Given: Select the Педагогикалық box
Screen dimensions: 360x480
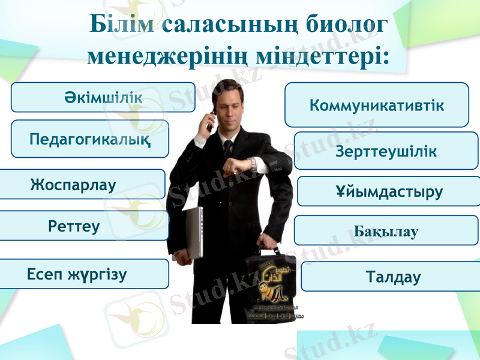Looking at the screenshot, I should point(90,139).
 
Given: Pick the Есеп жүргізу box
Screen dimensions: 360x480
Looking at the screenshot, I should point(84,274).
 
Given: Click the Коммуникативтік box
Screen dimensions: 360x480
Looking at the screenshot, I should point(376,105).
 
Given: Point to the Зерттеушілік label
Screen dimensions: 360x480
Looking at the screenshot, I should point(386,152).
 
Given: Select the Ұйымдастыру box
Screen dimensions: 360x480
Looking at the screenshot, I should point(389,191).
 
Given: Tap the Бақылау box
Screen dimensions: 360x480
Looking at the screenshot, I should point(386,231).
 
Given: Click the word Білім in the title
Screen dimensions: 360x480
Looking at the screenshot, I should point(122,25).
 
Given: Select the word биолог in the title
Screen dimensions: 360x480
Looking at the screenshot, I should point(343,25).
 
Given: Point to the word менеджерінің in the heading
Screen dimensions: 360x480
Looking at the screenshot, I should point(167,56).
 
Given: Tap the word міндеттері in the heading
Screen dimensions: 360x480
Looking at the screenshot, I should point(323,56).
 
